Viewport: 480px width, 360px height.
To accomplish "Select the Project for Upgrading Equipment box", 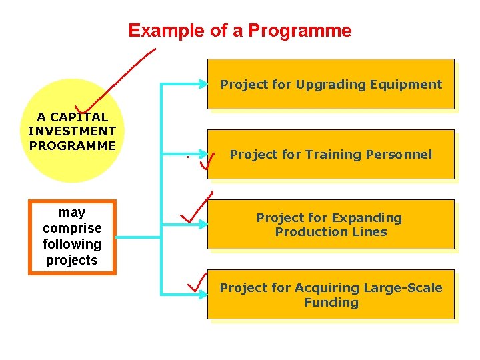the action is point(331,84).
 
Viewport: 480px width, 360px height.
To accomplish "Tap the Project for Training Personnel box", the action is point(331,155).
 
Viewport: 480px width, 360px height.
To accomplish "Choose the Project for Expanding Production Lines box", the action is point(331,225).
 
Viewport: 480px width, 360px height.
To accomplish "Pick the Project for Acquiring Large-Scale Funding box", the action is point(331,295).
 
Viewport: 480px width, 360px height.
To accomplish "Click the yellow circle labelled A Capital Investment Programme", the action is point(73,131).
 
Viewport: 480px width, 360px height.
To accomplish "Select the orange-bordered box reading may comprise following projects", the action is point(72,237).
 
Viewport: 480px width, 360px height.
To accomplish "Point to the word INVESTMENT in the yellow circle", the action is point(72,131).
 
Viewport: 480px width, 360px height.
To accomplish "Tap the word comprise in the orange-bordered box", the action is point(72,228).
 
